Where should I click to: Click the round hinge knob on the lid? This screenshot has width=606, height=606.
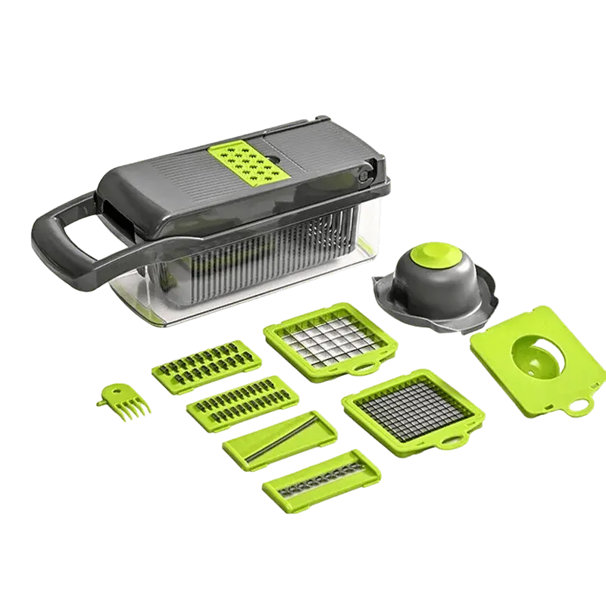pyautogui.click(x=363, y=176)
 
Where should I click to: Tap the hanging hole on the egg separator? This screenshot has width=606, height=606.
pyautogui.click(x=581, y=402)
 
